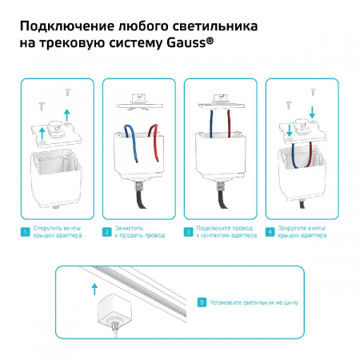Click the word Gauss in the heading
[x=186, y=43]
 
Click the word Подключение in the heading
[x=67, y=26]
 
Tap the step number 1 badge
[x=26, y=232]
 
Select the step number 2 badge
[x=107, y=232]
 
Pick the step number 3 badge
[x=189, y=232]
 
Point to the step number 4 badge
[x=270, y=232]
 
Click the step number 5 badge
[x=202, y=302]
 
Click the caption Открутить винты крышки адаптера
[x=58, y=232]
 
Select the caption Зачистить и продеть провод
[x=140, y=232]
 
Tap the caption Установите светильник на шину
[x=254, y=302]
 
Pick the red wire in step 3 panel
[x=229, y=123]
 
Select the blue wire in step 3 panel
[x=211, y=124]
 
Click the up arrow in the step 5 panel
[x=94, y=290]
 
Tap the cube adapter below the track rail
[x=112, y=310]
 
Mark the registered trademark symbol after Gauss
[x=210, y=41]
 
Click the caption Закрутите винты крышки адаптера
[x=302, y=232]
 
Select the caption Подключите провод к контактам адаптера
[x=226, y=232]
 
